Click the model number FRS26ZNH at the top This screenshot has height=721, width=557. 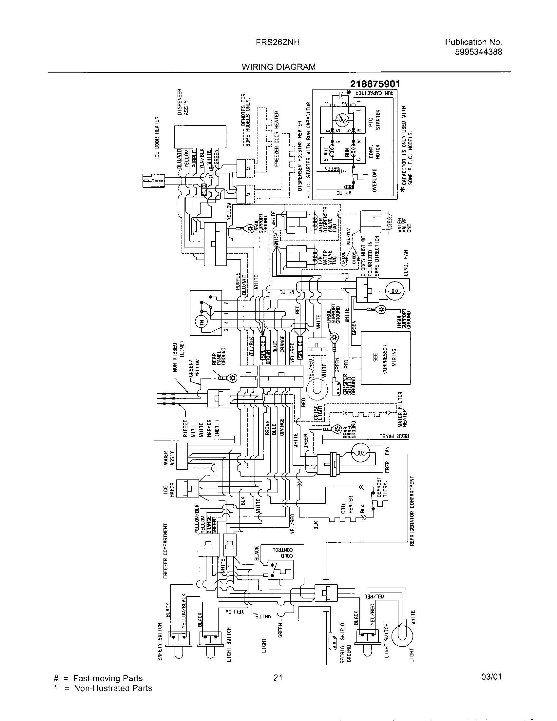(278, 42)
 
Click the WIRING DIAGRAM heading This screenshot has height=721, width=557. (278, 67)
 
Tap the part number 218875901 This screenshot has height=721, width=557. (375, 85)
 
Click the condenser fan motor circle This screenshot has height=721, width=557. (394, 291)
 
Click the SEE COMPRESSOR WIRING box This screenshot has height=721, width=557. (385, 358)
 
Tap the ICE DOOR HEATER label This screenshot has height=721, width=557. (157, 138)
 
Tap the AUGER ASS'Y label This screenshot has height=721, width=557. (169, 458)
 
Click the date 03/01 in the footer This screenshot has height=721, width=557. (491, 677)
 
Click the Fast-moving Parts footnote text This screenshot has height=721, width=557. (107, 678)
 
